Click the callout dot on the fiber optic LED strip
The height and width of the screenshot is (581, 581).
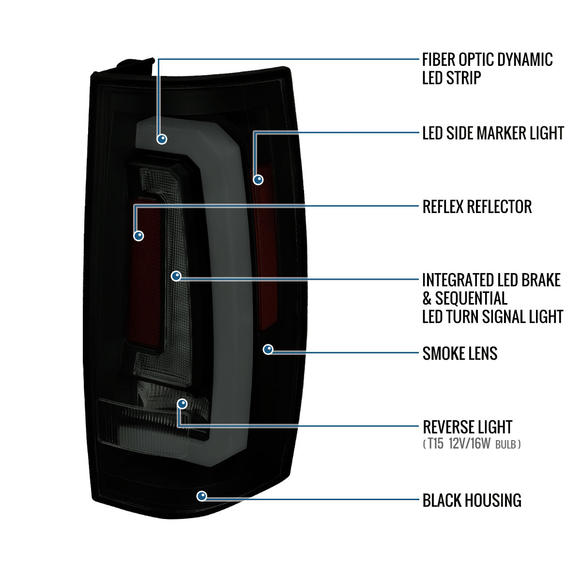tap(162, 139)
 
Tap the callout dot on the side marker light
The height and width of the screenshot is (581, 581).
tap(259, 180)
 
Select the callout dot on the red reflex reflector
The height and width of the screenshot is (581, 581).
tap(139, 236)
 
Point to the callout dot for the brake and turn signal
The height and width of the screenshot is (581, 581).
tap(176, 276)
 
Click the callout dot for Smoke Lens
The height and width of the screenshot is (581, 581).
tap(268, 350)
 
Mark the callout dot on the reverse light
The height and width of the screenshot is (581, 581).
tap(182, 404)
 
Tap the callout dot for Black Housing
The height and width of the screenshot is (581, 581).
tap(201, 496)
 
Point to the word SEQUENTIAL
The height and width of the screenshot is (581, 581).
tap(471, 298)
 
